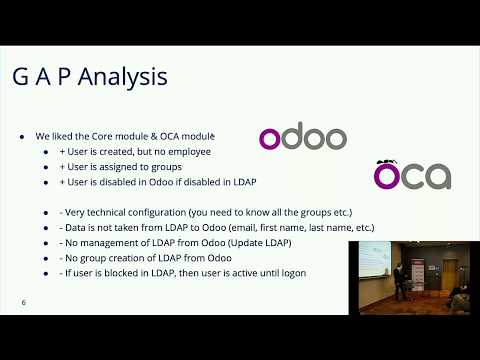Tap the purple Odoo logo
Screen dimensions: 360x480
click(303, 139)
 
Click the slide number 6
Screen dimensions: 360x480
click(23, 301)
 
